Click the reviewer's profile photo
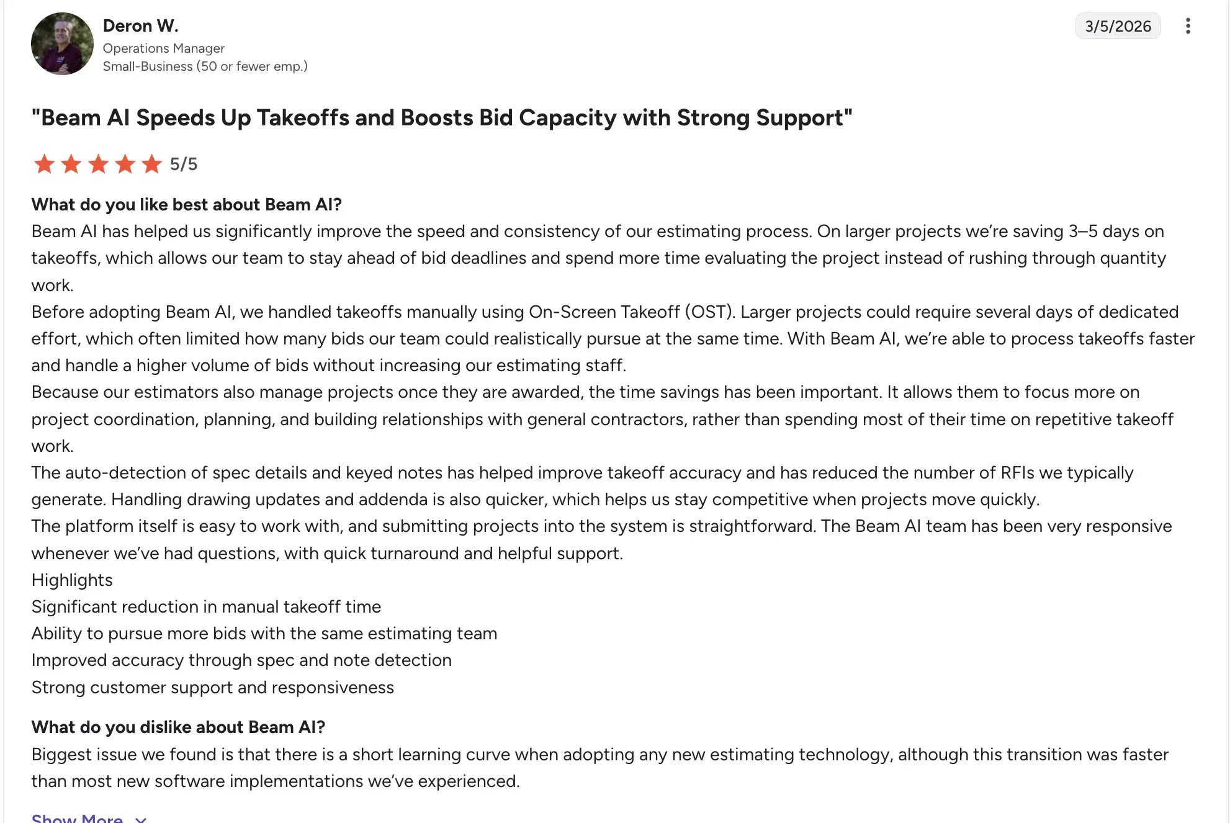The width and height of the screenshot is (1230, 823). tap(62, 43)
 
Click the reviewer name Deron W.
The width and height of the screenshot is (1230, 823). tap(140, 25)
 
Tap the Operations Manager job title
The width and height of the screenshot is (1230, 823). tap(163, 48)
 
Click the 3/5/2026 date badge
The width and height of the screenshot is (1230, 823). tap(1117, 26)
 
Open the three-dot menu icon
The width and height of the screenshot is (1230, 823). tap(1187, 26)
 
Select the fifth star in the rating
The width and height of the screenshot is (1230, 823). tap(151, 164)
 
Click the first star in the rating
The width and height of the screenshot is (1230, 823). tap(44, 164)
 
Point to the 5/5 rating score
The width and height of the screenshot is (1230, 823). tap(184, 164)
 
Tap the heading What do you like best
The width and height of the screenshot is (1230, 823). tap(186, 204)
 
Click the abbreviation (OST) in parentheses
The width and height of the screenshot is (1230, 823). tap(710, 312)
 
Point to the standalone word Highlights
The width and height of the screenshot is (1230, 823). tap(72, 580)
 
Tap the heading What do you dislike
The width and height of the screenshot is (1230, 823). tap(178, 727)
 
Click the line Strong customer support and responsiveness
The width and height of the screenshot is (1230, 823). tap(212, 687)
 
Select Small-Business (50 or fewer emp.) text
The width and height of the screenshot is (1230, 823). tap(205, 66)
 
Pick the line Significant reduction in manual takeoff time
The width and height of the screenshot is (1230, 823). tap(206, 606)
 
